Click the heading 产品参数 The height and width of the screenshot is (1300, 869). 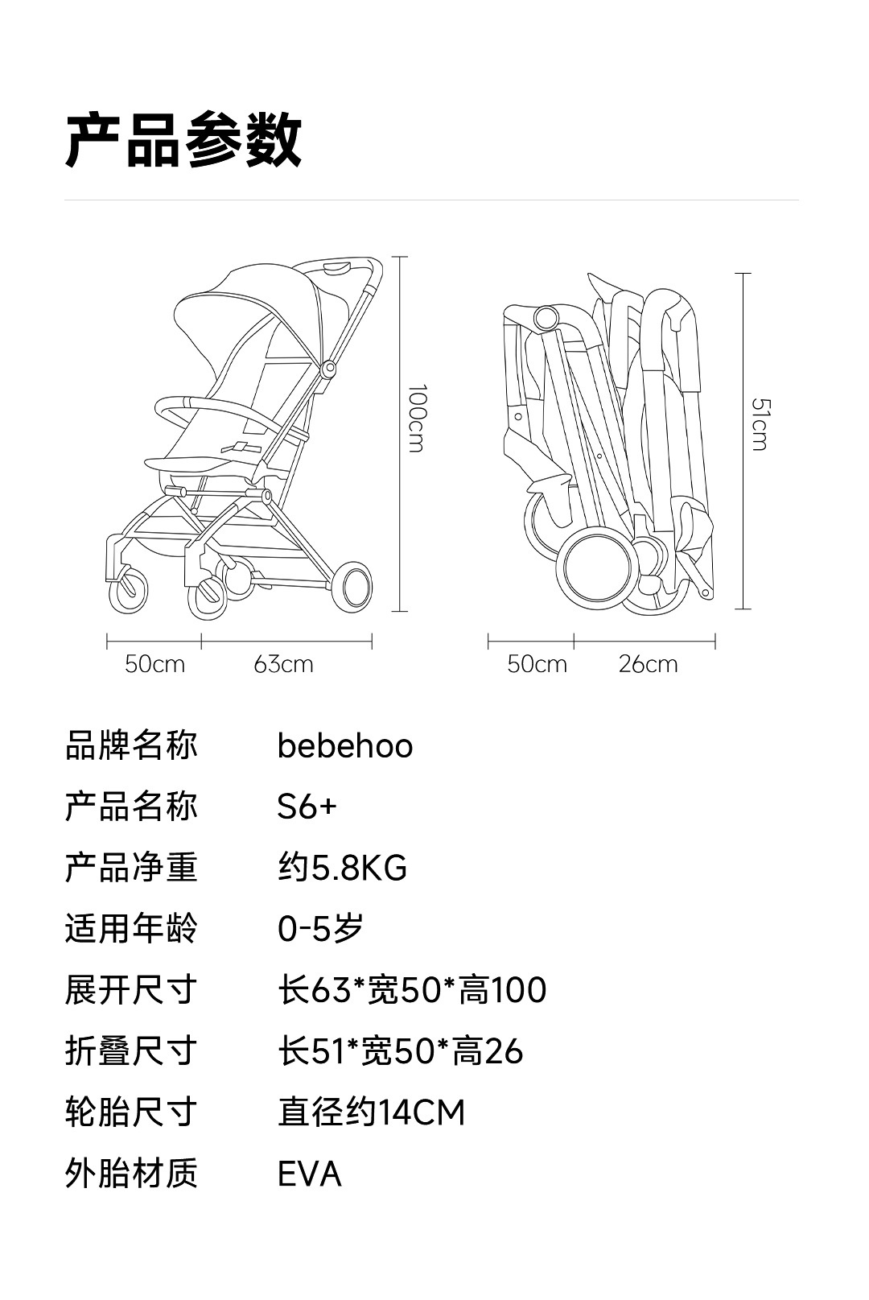183,140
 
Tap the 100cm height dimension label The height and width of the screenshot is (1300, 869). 416,419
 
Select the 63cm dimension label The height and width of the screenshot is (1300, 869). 283,665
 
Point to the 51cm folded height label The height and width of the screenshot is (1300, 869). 759,423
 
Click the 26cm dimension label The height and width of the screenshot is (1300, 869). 648,665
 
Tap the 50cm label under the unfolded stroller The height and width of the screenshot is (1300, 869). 154,665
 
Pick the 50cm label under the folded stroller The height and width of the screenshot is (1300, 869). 537,665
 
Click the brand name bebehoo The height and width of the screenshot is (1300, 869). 344,746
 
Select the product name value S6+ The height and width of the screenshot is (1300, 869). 307,807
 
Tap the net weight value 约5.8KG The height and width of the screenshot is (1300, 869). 342,869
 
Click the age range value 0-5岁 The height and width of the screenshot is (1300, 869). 320,930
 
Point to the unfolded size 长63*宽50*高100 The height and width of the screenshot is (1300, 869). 412,991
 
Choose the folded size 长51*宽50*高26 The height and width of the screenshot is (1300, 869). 400,1052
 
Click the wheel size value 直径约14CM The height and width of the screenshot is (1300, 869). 371,1113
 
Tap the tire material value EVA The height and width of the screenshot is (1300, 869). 309,1174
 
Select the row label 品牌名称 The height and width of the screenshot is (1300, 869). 131,746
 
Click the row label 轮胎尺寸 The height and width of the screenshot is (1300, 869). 131,1113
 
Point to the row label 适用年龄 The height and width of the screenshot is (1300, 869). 131,930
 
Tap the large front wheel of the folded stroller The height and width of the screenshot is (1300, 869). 597,568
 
